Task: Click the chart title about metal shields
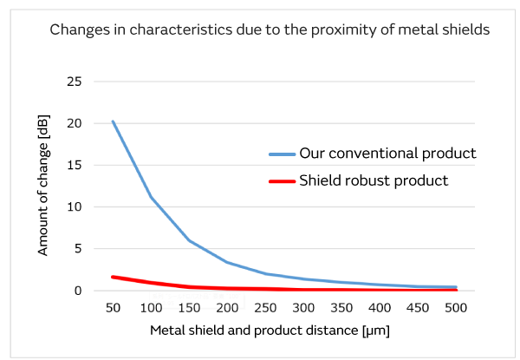click(270, 30)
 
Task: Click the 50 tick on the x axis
click(113, 308)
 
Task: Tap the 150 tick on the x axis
click(189, 308)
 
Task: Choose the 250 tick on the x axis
click(265, 308)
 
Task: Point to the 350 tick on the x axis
click(341, 308)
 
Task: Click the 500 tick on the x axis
click(456, 308)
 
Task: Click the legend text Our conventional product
click(387, 154)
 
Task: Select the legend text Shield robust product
click(374, 181)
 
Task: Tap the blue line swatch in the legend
click(281, 154)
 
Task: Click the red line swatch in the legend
click(281, 182)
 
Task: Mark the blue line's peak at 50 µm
click(113, 121)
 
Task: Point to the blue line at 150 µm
click(189, 240)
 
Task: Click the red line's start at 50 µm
click(113, 277)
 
